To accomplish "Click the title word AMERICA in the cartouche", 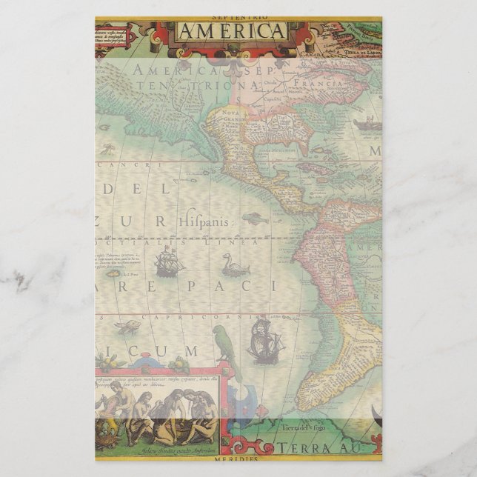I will point(231,31).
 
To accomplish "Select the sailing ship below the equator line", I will point(169,261).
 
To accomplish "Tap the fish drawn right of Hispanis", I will point(254,218).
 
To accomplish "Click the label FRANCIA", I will point(321,84).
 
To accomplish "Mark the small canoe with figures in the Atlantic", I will point(367,123).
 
